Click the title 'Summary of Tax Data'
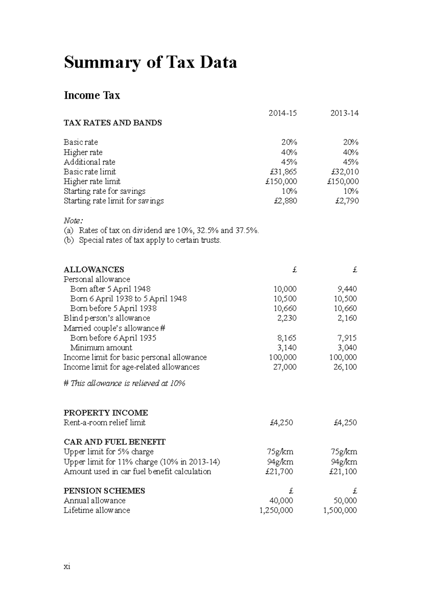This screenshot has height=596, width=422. pyautogui.click(x=150, y=63)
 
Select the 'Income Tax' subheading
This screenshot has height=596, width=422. pyautogui.click(x=92, y=95)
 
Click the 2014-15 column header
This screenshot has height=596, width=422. pyautogui.click(x=282, y=113)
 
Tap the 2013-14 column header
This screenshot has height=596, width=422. pyautogui.click(x=344, y=113)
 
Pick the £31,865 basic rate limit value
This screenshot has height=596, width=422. pyautogui.click(x=283, y=172)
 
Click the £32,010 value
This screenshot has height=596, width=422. pyautogui.click(x=345, y=172)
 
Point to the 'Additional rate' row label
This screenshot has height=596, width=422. pyautogui.click(x=89, y=162)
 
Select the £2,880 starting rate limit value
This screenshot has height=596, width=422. pyautogui.click(x=285, y=201)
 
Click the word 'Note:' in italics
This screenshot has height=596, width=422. pyautogui.click(x=73, y=221)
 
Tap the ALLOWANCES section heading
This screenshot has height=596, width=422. pyautogui.click(x=94, y=270)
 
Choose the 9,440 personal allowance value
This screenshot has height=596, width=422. pyautogui.click(x=347, y=289)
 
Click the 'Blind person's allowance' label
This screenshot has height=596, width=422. pyautogui.click(x=107, y=318)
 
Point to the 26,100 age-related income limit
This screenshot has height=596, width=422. pyautogui.click(x=345, y=367)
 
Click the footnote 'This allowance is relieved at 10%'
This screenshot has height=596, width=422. pyautogui.click(x=124, y=383)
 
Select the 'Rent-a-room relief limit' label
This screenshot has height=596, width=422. pyautogui.click(x=104, y=422)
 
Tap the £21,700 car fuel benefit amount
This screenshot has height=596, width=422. pyautogui.click(x=279, y=471)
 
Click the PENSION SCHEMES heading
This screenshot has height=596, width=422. pyautogui.click(x=104, y=491)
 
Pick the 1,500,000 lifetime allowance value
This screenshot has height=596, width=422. pyautogui.click(x=340, y=510)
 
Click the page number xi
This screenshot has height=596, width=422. pyautogui.click(x=67, y=566)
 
